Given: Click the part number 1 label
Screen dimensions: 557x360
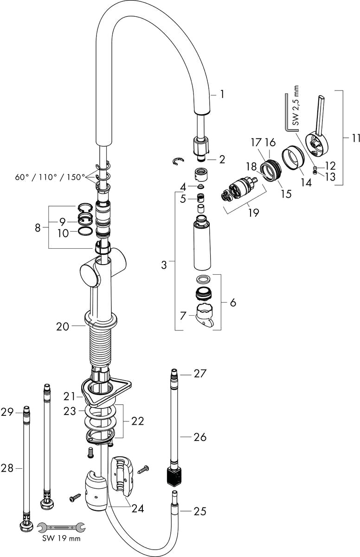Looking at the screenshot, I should (x=222, y=94).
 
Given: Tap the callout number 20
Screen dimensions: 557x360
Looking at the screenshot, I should (x=62, y=326).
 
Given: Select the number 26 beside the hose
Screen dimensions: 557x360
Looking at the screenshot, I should (x=200, y=437).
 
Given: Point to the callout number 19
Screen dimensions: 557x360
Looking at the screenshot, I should (x=253, y=213).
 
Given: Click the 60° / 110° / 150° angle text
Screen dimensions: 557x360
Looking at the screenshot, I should (x=50, y=177).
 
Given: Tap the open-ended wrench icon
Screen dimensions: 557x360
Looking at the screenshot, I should (x=61, y=527).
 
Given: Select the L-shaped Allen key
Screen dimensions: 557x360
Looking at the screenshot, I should (x=287, y=114).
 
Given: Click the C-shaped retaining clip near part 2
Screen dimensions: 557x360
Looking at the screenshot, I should (x=177, y=161).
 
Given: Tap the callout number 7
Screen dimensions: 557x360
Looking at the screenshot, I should (x=183, y=315).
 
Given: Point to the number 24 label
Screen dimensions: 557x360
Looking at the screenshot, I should (x=137, y=509).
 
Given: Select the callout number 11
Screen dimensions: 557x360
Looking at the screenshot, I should (x=355, y=138).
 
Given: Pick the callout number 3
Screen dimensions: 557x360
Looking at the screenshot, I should (x=164, y=265).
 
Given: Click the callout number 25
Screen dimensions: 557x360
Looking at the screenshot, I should (x=200, y=512).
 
